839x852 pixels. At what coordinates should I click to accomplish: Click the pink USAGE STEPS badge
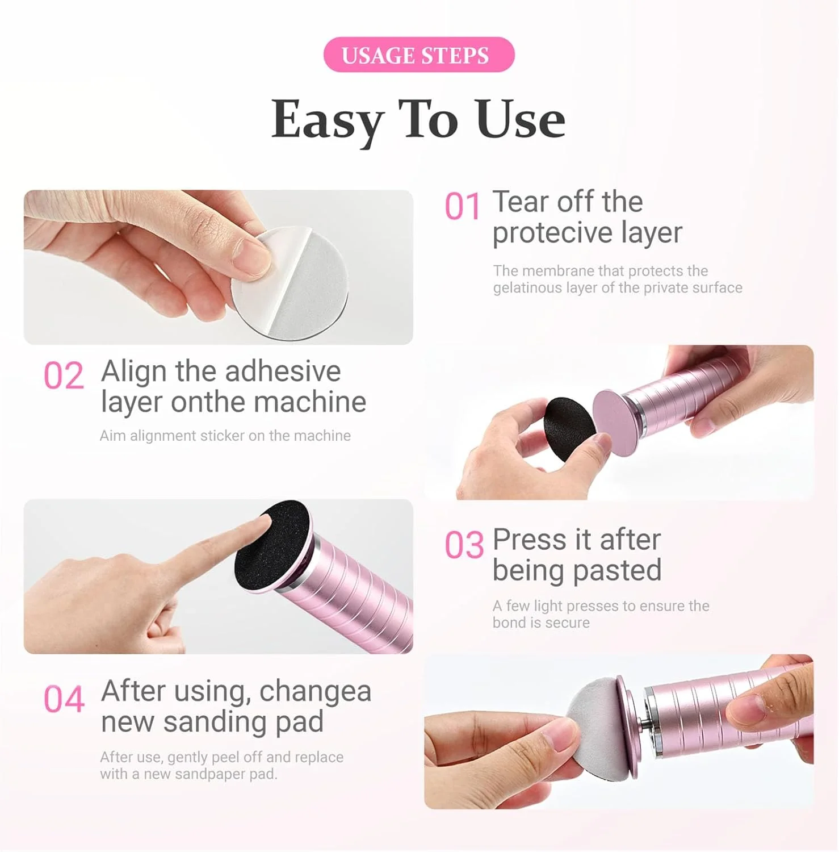(419, 55)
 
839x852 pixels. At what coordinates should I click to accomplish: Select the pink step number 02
(64, 376)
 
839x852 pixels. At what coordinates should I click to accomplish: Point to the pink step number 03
(464, 545)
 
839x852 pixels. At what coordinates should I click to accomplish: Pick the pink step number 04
(64, 699)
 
